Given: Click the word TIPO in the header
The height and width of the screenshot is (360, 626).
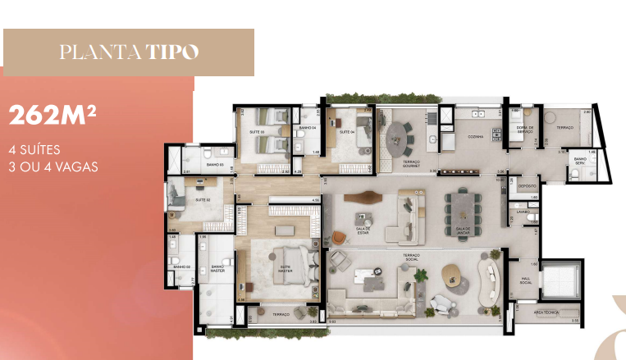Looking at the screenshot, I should click(173, 52).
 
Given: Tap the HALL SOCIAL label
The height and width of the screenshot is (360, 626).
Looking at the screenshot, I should click(527, 280).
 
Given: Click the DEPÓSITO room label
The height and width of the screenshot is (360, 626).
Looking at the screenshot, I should click(527, 186).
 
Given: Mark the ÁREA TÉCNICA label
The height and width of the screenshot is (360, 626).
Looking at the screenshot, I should click(546, 312).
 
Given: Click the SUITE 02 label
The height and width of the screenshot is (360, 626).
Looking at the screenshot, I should click(203, 199).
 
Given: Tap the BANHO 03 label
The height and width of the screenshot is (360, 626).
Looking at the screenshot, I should click(215, 166).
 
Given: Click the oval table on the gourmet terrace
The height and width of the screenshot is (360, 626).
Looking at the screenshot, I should click(400, 137).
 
